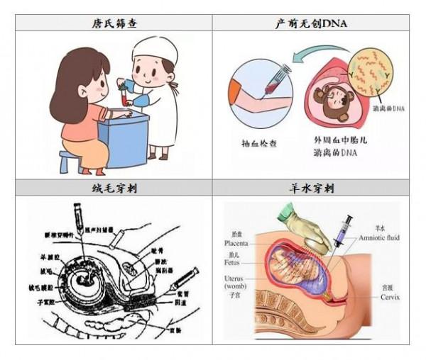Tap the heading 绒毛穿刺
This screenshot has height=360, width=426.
[x=114, y=189]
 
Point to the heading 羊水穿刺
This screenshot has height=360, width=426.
[x=311, y=189]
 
